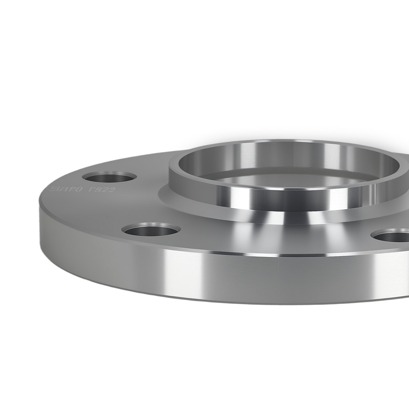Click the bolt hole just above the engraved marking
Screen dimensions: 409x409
(109, 178)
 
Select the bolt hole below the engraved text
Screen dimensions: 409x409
(152, 230)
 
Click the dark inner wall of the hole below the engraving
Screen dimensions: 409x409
(152, 232)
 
